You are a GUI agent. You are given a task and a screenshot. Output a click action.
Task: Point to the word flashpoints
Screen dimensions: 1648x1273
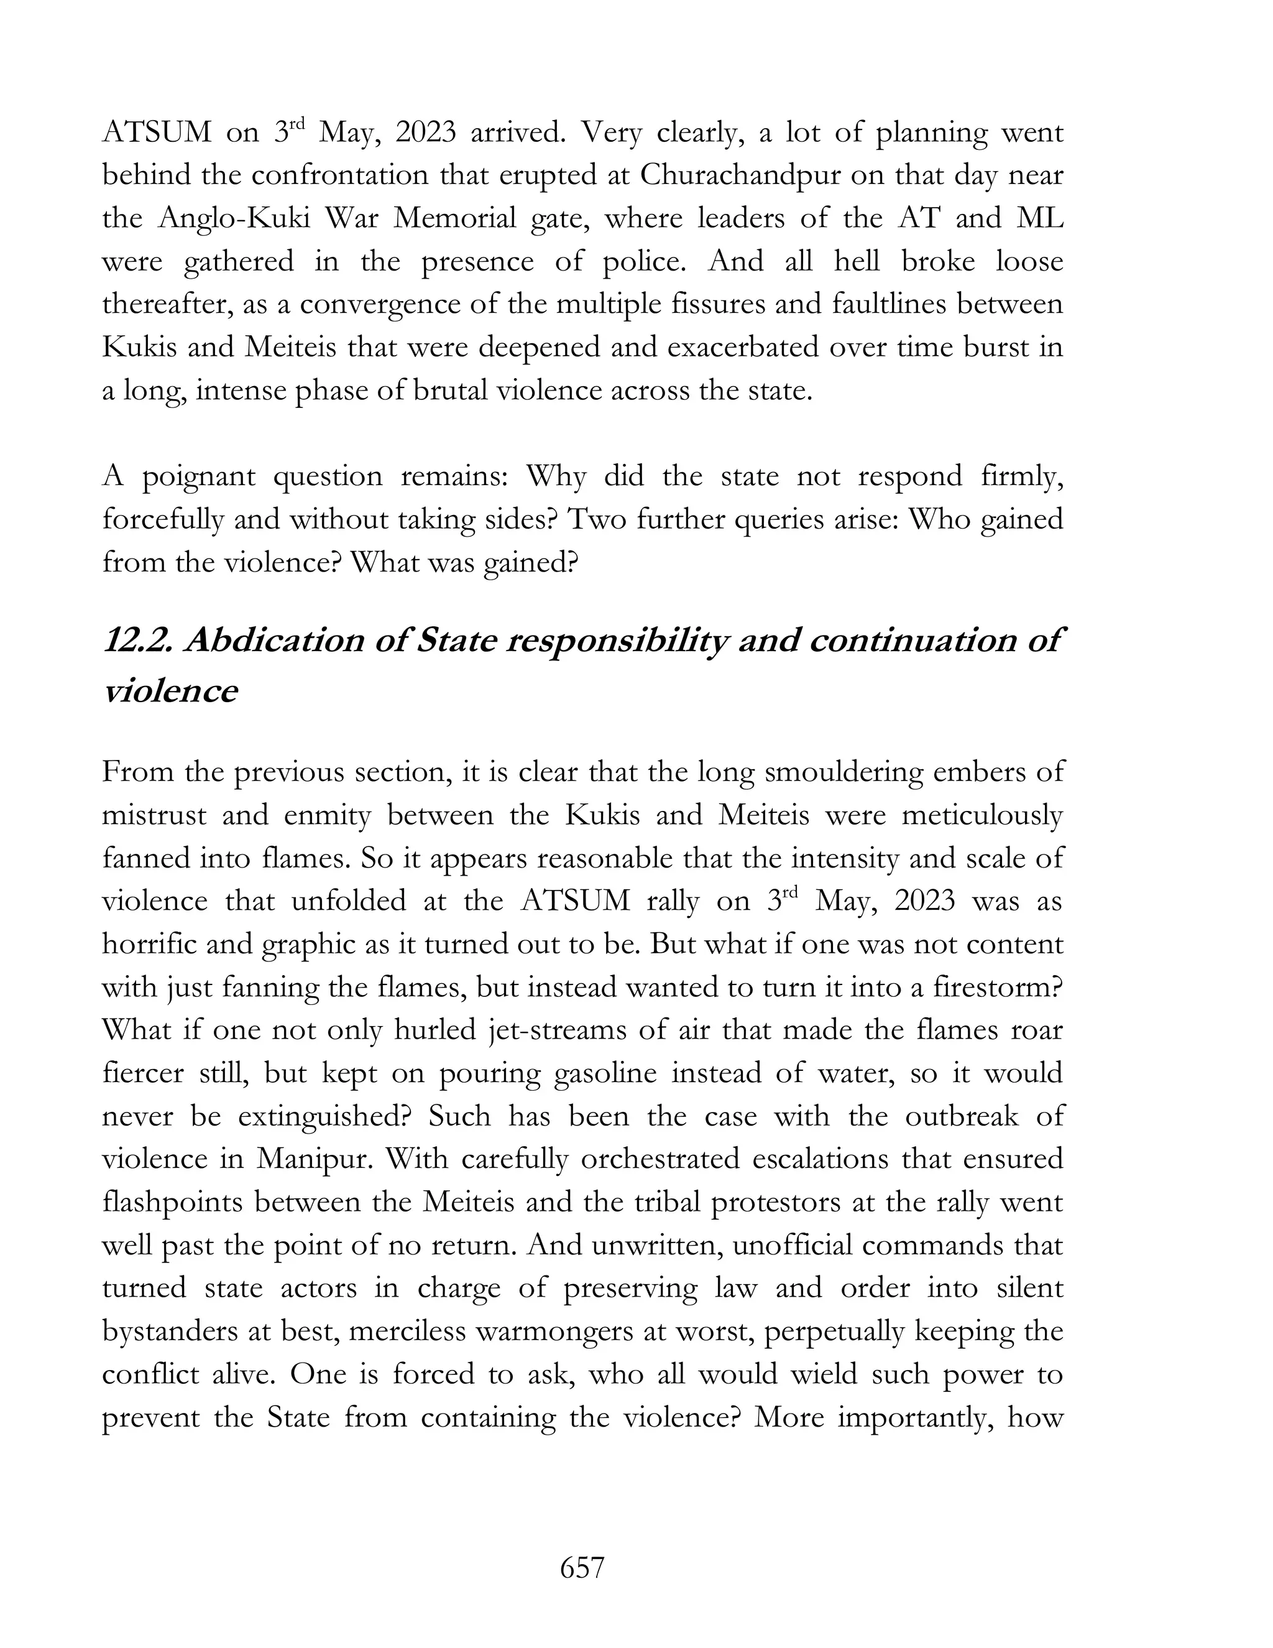coord(173,1202)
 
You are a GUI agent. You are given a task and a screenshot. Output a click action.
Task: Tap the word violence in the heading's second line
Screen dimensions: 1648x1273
coord(170,690)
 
